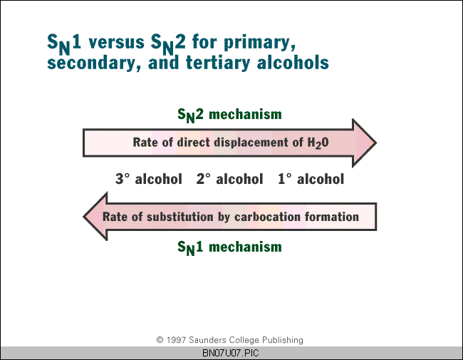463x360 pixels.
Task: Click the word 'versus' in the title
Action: click(116, 43)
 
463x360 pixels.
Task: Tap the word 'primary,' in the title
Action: click(259, 43)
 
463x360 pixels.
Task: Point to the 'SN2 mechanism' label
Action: click(229, 115)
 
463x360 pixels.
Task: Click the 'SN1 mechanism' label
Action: click(229, 247)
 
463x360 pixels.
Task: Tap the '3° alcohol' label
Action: click(149, 179)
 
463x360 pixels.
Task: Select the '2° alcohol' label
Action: click(230, 179)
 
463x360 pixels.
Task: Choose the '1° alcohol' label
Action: click(311, 179)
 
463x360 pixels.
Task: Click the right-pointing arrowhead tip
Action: click(376, 143)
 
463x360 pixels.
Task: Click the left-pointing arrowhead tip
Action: click(83, 217)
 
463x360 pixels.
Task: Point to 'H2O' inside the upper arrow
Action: click(318, 143)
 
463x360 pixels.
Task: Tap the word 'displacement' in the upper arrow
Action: click(252, 142)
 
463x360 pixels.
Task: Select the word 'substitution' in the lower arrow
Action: click(180, 217)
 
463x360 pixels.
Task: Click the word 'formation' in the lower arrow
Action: click(332, 217)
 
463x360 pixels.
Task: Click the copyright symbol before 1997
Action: click(160, 340)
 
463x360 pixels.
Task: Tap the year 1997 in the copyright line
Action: click(176, 340)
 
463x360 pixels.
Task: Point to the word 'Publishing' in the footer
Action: click(283, 341)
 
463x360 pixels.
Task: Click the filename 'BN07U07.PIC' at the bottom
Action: click(231, 353)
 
